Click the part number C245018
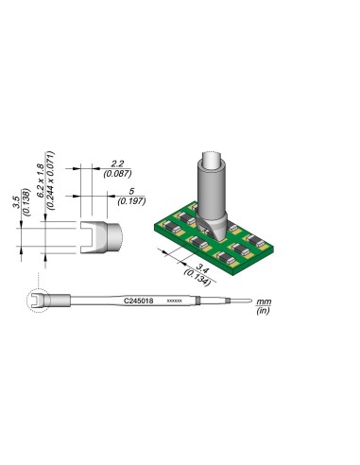138,301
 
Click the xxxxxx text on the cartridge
175,301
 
